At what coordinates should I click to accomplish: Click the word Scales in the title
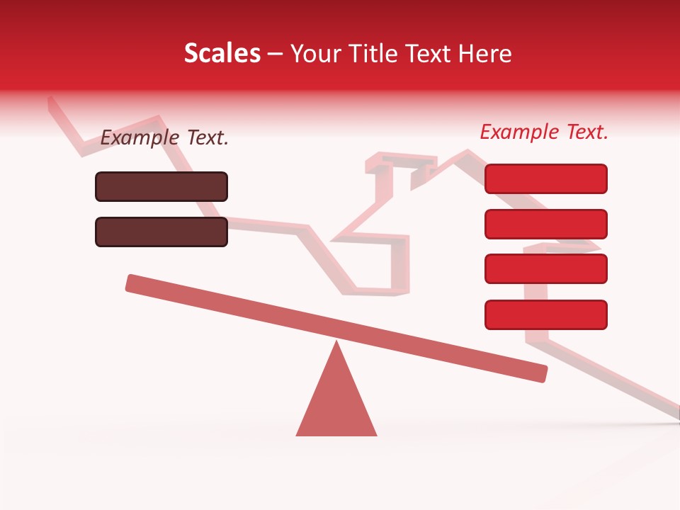pyautogui.click(x=222, y=53)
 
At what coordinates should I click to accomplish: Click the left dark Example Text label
pyautogui.click(x=164, y=138)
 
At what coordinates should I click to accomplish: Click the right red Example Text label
pyautogui.click(x=544, y=132)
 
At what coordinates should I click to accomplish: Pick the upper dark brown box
pyautogui.click(x=161, y=186)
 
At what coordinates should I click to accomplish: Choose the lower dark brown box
pyautogui.click(x=161, y=232)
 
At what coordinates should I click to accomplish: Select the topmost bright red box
pyautogui.click(x=546, y=178)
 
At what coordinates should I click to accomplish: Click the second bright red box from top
pyautogui.click(x=546, y=224)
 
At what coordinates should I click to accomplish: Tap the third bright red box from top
pyautogui.click(x=546, y=269)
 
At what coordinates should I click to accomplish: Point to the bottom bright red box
pyautogui.click(x=546, y=314)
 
